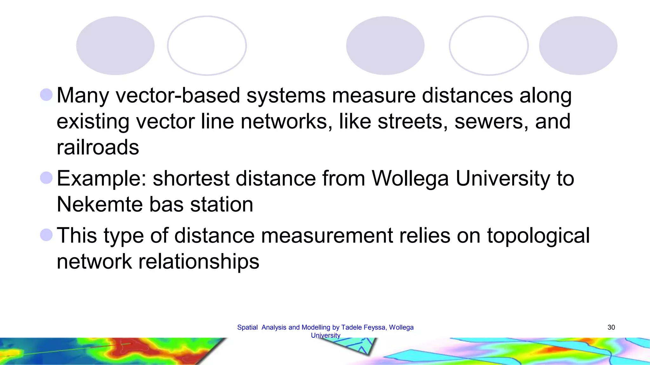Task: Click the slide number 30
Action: pos(611,327)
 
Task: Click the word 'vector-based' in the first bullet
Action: pos(178,95)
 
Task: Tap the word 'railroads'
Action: pos(98,147)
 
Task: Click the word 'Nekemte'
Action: pos(100,204)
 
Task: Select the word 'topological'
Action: pos(538,236)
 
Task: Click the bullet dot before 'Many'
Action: pos(46,95)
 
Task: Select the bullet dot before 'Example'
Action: pos(46,178)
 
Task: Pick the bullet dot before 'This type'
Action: pos(46,235)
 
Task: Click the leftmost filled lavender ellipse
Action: pos(115,46)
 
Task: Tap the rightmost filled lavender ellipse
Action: pos(578,46)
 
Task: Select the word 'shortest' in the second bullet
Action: pos(191,178)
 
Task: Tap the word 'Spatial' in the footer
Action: pos(247,327)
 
